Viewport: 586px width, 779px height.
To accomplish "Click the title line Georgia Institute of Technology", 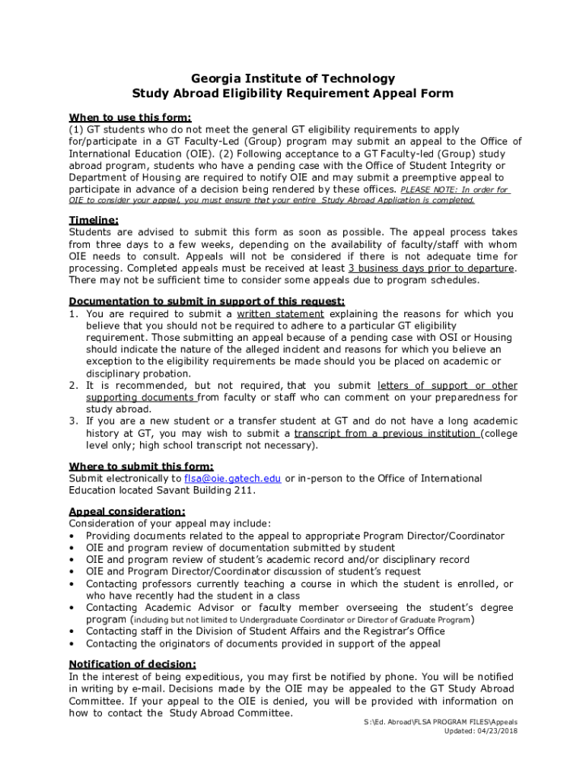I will coord(293,78).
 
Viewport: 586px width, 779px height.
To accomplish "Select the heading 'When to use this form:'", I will coord(130,117).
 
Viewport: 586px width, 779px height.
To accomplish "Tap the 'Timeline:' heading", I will coord(94,220).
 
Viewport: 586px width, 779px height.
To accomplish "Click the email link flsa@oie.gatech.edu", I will coord(233,479).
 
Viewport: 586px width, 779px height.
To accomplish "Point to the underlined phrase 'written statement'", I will coord(280,313).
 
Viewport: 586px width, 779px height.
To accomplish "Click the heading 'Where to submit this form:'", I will coord(141,466).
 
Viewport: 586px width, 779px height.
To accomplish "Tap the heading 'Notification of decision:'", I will coord(132,664).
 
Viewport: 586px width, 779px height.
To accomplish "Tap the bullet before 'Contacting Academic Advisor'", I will coord(72,608).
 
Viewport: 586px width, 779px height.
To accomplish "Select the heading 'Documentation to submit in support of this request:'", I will coord(207,301).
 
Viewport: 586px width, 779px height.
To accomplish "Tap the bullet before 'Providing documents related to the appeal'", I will coord(72,536).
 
